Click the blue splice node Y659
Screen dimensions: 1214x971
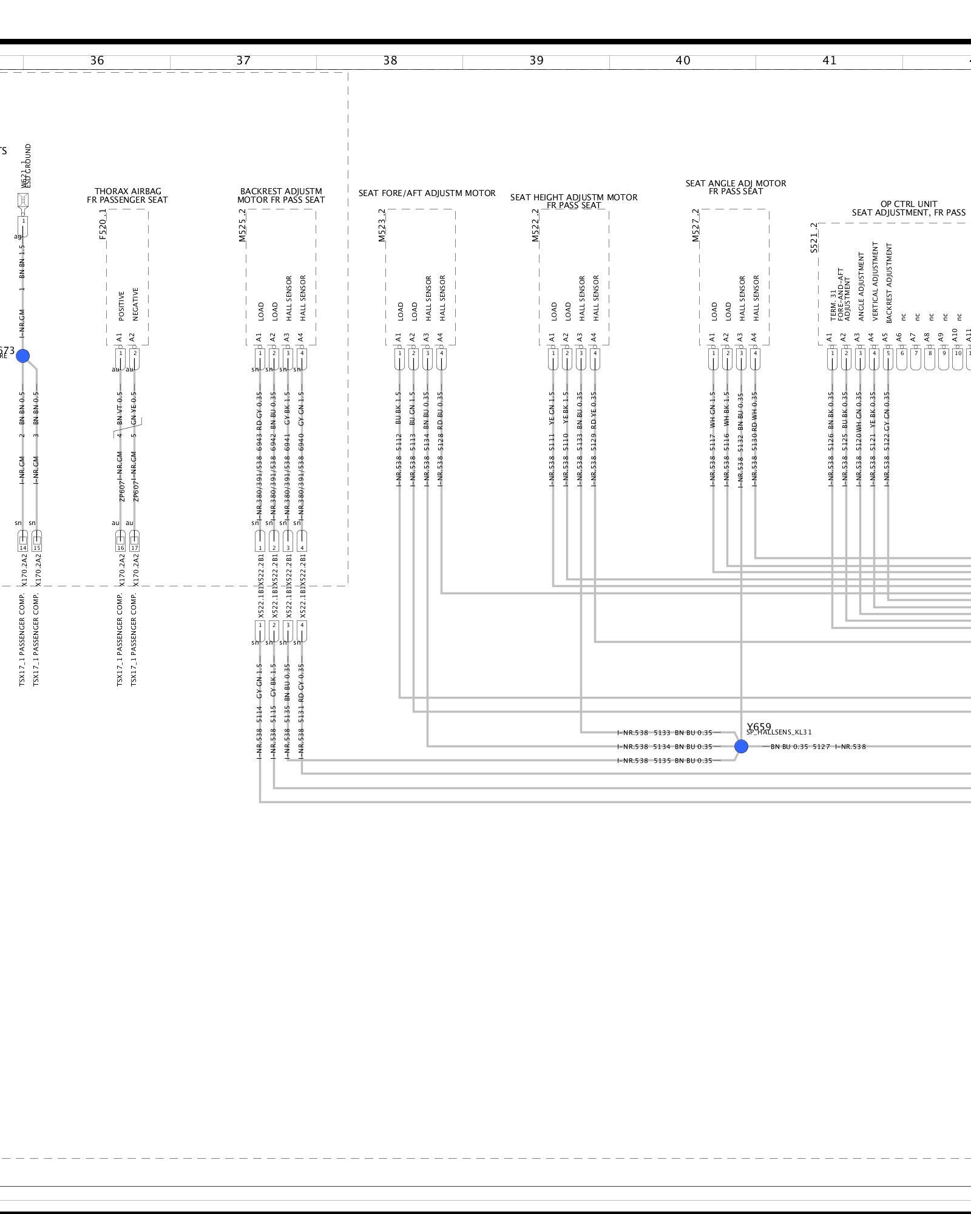741,747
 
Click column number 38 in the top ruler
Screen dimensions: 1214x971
390,61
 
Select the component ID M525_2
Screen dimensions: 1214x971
243,226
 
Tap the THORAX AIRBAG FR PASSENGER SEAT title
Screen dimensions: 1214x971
127,195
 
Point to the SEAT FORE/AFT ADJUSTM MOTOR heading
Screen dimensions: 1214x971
427,193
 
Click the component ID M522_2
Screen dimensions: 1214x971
535,226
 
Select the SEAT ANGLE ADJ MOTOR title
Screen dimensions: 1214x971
736,187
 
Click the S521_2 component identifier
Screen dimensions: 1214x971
814,238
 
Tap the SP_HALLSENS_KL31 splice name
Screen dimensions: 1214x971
779,733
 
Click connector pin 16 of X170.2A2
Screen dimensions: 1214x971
120,540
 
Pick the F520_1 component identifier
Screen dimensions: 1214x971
103,225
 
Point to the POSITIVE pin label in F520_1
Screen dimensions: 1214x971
121,305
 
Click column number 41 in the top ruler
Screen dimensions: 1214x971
829,61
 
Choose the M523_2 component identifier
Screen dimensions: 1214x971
382,226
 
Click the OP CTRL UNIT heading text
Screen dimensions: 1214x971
908,208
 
